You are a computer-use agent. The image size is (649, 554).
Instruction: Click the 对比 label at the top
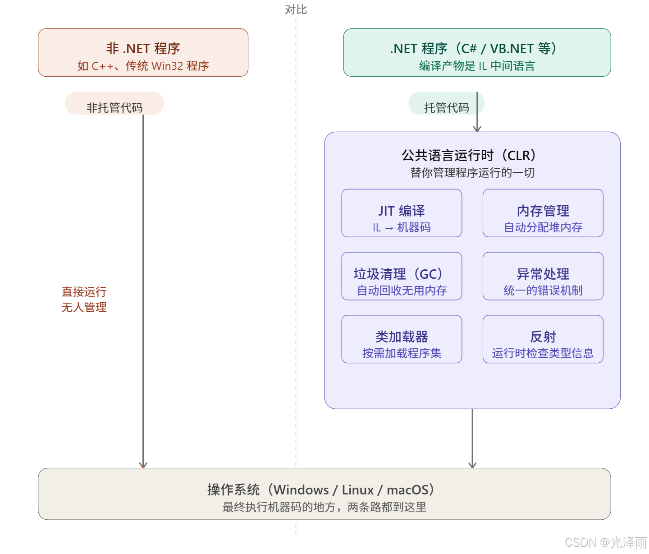tap(296, 9)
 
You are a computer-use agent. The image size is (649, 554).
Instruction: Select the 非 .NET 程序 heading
tap(143, 48)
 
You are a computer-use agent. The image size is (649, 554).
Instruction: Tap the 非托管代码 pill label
tap(114, 107)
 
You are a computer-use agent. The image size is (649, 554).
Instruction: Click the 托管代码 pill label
tap(446, 107)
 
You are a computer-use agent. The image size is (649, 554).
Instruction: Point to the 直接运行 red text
tap(84, 291)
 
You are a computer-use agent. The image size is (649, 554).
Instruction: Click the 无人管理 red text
tap(84, 307)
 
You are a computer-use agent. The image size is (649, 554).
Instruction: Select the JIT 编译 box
tap(402, 213)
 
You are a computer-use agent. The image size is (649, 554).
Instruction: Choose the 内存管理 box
tap(543, 213)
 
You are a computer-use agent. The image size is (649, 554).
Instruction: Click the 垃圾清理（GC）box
tap(402, 276)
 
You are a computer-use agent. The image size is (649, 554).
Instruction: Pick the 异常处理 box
tap(543, 276)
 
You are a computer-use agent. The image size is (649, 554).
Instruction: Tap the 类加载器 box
tap(402, 339)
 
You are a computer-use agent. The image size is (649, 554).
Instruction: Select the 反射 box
tap(543, 339)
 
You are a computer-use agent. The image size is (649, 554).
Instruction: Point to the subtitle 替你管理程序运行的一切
tap(472, 173)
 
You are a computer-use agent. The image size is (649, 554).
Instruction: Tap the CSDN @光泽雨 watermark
tap(605, 541)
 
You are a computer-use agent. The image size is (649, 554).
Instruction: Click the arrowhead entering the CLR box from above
tap(477, 128)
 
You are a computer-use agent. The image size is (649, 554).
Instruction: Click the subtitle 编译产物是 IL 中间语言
tap(477, 66)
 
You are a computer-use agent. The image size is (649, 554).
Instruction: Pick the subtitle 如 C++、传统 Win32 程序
tap(143, 66)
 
